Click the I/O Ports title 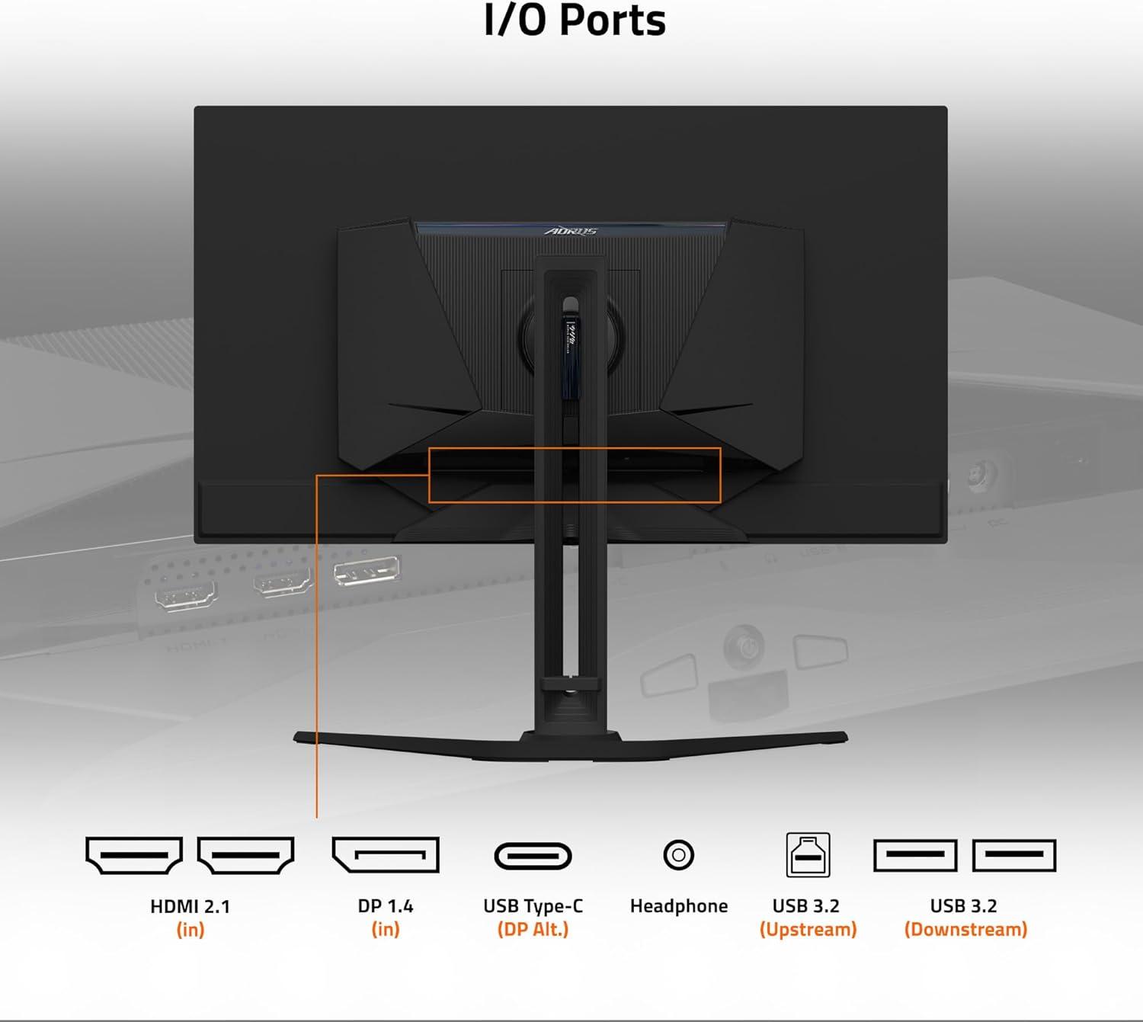pos(575,21)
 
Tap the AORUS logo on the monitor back pos(571,231)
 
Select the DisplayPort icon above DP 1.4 pos(385,854)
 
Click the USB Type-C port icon pos(533,856)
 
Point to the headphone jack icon pos(678,854)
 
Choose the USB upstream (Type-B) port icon pos(808,855)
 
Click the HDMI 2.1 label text pos(190,906)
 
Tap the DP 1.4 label pos(385,906)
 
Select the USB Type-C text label pos(533,906)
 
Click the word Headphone pos(678,906)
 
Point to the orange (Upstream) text pos(808,930)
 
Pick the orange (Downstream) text pos(965,930)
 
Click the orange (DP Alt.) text pos(533,930)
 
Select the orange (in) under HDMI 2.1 pos(190,930)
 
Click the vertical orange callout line pos(316,648)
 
